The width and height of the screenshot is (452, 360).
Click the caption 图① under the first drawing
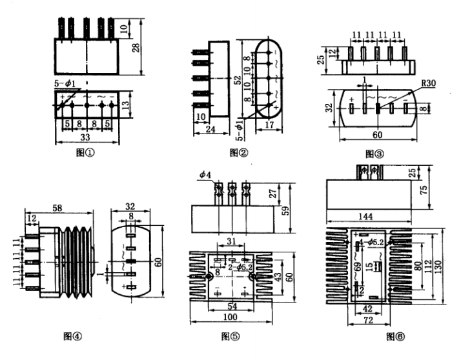(x=85, y=153)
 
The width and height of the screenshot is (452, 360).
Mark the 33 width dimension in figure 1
(x=85, y=137)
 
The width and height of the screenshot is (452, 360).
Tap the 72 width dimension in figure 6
(x=368, y=320)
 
